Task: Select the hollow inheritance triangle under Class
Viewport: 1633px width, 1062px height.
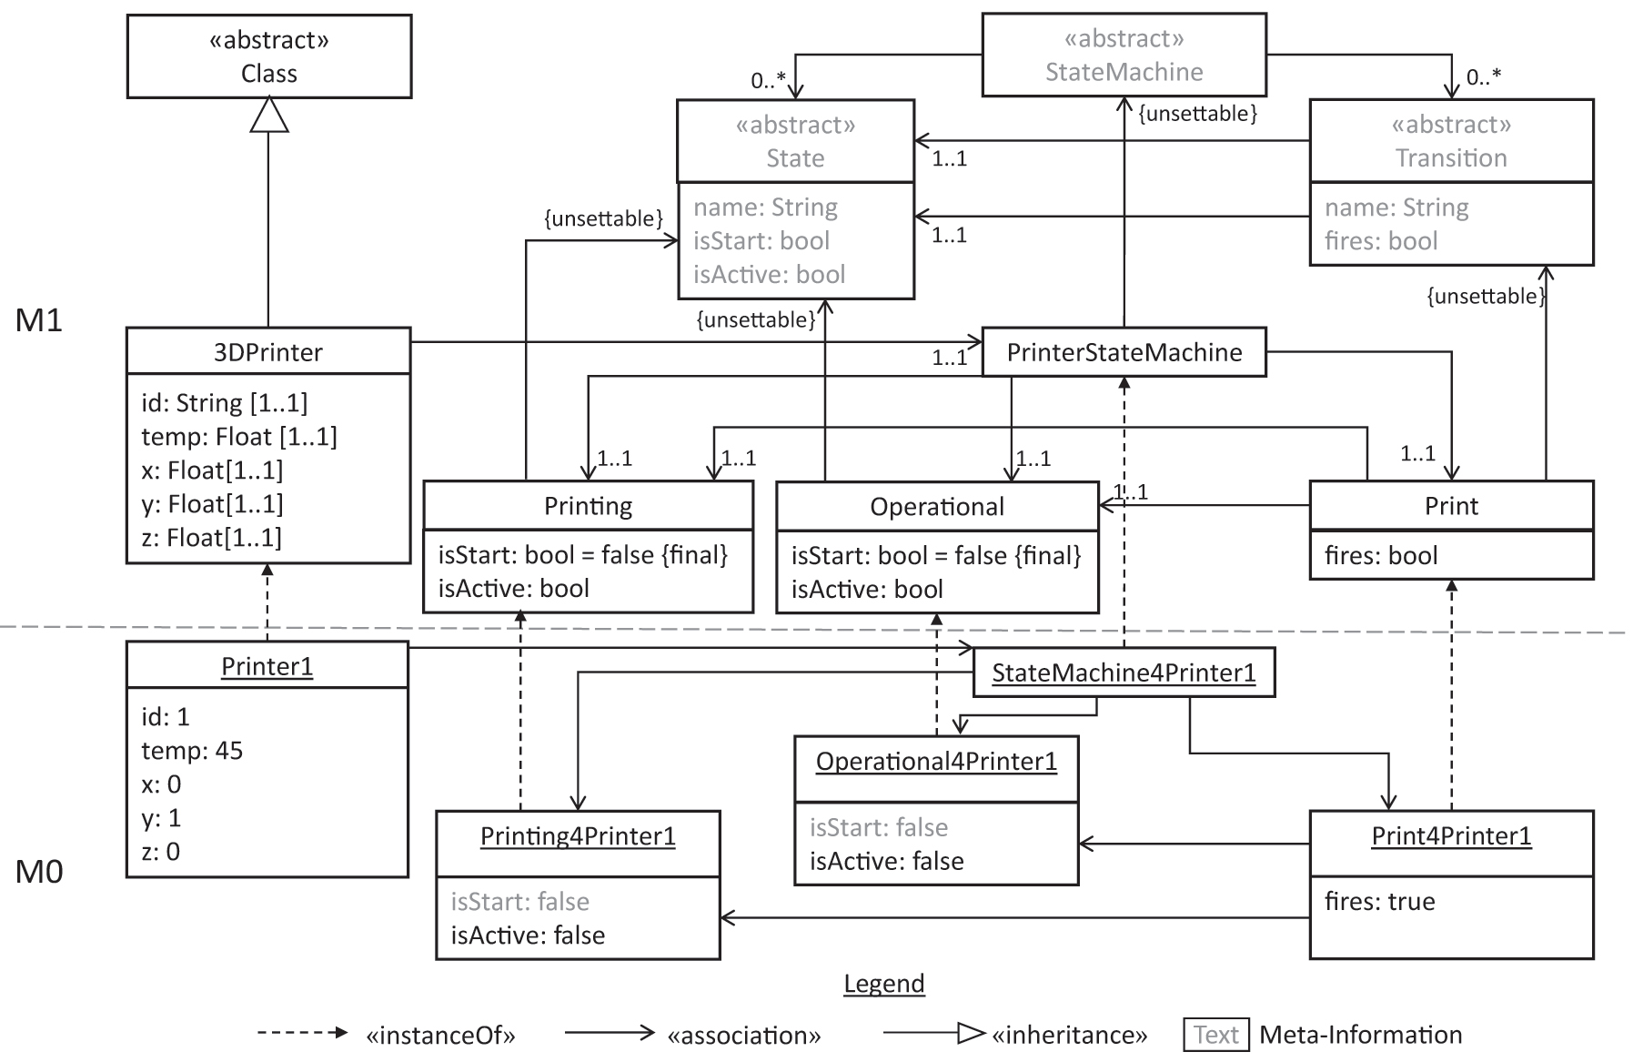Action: click(x=268, y=115)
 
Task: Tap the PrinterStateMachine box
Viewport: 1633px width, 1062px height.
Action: click(x=1124, y=352)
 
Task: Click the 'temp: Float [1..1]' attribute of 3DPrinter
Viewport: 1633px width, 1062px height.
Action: click(x=238, y=437)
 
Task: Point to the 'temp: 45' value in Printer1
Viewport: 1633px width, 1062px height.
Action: click(x=192, y=751)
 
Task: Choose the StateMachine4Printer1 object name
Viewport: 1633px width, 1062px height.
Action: click(x=1124, y=673)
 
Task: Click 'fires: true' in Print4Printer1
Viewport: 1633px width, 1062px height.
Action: click(x=1379, y=901)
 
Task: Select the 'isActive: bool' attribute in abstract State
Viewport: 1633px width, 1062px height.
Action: click(x=769, y=274)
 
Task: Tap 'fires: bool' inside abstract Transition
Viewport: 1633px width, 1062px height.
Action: click(x=1380, y=241)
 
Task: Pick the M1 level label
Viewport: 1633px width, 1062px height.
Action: click(x=39, y=320)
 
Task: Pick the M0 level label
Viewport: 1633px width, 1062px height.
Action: click(x=39, y=872)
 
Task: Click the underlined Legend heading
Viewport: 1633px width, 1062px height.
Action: click(x=883, y=984)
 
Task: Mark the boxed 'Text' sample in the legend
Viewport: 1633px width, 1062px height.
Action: click(x=1215, y=1035)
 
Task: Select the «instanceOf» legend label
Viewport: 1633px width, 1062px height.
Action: click(x=440, y=1036)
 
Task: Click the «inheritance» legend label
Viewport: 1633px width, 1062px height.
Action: click(x=1069, y=1036)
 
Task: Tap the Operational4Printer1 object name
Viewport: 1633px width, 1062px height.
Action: click(x=936, y=761)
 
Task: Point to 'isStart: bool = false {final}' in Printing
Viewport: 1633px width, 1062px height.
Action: click(x=582, y=555)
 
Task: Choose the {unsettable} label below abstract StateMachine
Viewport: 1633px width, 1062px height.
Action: click(x=1197, y=114)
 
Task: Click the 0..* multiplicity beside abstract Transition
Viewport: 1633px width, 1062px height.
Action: click(x=1483, y=77)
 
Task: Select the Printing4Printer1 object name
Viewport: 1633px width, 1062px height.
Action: click(x=578, y=836)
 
